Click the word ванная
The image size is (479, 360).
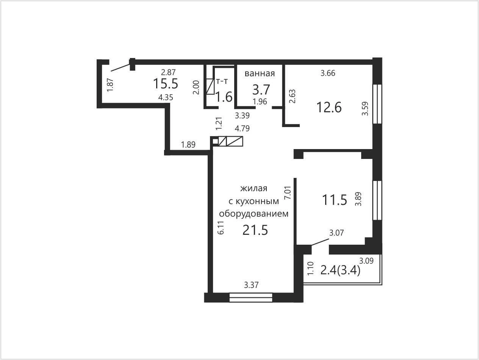pos(260,73)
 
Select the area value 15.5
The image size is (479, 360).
pos(166,84)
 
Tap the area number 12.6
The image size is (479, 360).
pos(329,107)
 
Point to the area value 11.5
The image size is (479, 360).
pos(335,200)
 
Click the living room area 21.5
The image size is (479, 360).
pos(255,230)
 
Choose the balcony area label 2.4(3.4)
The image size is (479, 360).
pos(340,270)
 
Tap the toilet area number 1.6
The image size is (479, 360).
pos(224,97)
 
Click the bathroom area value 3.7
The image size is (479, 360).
pos(261,90)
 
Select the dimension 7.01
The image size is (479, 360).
pos(288,192)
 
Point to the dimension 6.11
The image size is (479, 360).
pos(221,228)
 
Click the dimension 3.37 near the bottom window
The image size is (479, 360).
pos(251,285)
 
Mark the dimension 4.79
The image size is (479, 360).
pos(242,129)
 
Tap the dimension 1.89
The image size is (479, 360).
pos(188,145)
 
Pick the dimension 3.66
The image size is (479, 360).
pos(328,73)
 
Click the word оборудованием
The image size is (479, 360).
pos(254,214)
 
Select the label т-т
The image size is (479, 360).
pos(222,82)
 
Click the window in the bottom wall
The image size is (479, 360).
pos(251,297)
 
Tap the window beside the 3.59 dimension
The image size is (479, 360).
pos(377,104)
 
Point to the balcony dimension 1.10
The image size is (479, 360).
pos(310,268)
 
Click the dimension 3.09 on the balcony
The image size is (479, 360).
pos(366,261)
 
